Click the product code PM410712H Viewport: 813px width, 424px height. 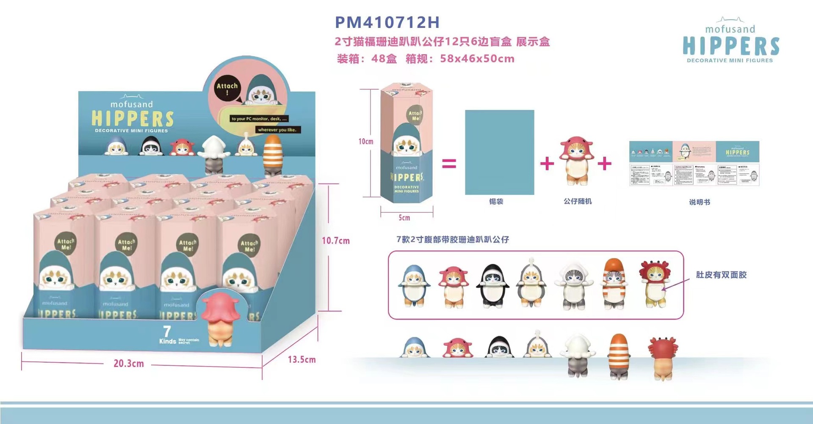tap(387, 22)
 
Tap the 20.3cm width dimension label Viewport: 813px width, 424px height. tap(128, 364)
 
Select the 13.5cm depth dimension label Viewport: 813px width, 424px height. tap(301, 360)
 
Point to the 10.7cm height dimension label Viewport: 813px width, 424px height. tap(335, 241)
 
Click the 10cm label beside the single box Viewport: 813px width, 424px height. tap(366, 142)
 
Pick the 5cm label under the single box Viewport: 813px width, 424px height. tap(404, 218)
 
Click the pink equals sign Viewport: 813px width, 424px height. tap(449, 164)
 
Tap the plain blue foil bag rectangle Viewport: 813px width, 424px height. tap(499, 152)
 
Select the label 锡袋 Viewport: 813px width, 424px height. tap(496, 202)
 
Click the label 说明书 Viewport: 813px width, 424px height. tap(699, 202)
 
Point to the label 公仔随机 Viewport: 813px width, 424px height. tap(578, 201)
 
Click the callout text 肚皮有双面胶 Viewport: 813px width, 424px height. tap(721, 275)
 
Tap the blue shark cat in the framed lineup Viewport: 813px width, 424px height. tap(414, 285)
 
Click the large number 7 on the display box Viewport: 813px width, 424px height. tap(167, 331)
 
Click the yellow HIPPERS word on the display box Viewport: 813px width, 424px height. tap(133, 119)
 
